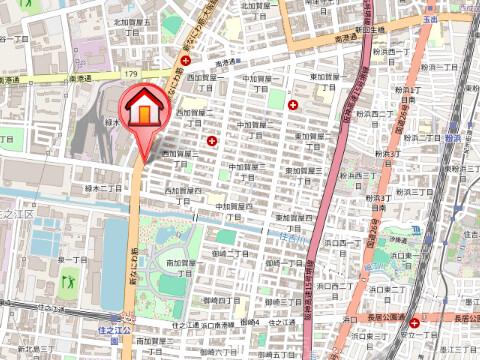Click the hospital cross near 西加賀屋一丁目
(185, 61)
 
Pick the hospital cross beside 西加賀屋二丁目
(212, 142)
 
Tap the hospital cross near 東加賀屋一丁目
(292, 104)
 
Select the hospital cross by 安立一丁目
(414, 323)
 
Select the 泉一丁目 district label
(73, 260)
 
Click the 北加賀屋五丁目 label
(131, 26)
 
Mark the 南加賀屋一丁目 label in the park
(181, 265)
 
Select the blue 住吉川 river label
(291, 237)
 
